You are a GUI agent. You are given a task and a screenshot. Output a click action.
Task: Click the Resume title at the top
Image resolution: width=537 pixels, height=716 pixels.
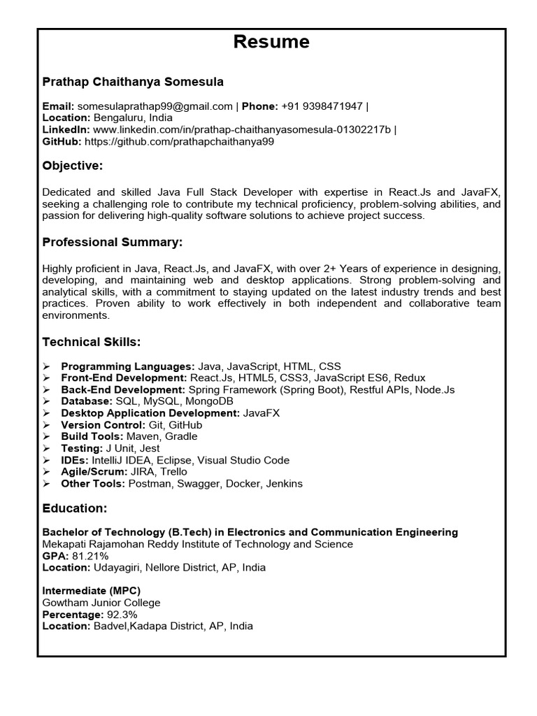click(x=271, y=42)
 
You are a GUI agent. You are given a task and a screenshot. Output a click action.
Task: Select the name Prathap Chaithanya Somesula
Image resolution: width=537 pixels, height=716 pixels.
click(x=133, y=82)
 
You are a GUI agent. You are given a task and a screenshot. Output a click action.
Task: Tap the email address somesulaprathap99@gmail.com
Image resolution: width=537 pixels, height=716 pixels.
click(x=155, y=106)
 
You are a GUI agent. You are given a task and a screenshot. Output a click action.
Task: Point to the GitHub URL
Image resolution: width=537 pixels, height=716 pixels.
click(x=180, y=141)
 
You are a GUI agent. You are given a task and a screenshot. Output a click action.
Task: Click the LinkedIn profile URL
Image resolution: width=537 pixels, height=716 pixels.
click(x=243, y=129)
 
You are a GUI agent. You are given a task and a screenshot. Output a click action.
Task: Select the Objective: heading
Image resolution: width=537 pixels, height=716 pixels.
click(x=73, y=166)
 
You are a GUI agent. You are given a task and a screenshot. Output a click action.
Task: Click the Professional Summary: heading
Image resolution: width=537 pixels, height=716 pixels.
click(x=112, y=242)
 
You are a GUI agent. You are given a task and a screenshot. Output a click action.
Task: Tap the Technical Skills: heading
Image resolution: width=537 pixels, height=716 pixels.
click(x=92, y=342)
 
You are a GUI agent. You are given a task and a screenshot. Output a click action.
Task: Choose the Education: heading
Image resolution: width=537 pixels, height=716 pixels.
click(x=75, y=508)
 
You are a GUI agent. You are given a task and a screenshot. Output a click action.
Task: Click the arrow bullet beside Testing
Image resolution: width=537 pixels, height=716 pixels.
click(x=46, y=448)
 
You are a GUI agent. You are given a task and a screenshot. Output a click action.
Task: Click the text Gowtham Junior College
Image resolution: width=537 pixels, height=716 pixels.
click(x=101, y=603)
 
